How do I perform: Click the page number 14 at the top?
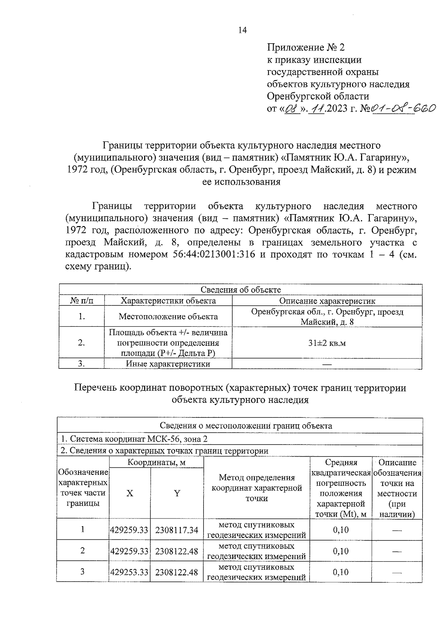pos(242,31)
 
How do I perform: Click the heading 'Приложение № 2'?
pos(306,47)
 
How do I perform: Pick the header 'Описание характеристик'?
pos(327,301)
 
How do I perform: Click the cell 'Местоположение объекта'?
pos(168,317)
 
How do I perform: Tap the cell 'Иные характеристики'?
pos(168,364)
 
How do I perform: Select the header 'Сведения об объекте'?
pos(240,290)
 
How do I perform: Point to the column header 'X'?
pos(129,493)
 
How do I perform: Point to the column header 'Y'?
pos(177,493)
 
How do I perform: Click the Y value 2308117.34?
pos(177,530)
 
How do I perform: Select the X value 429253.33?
pos(129,572)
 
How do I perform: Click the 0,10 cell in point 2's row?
pos(340,551)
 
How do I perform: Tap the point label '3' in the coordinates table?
pos(83,571)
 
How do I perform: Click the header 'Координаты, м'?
pos(156,463)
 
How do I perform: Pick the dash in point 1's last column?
pos(397,530)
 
